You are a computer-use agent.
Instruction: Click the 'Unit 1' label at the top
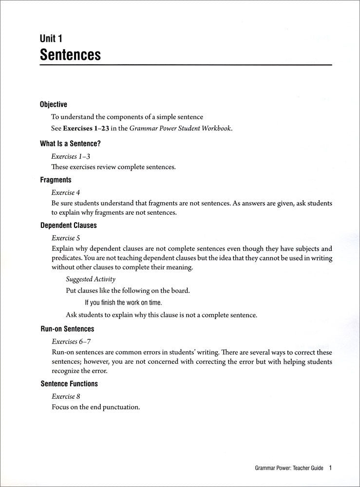pos(51,38)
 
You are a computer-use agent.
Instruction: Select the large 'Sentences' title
pos(70,54)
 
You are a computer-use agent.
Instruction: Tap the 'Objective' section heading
pos(54,104)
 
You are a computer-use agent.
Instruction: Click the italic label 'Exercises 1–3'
pos(71,156)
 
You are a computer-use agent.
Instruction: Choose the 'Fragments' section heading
pos(56,180)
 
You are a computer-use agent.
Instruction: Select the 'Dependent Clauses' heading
pos(68,225)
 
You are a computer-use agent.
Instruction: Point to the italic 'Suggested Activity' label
pos(91,279)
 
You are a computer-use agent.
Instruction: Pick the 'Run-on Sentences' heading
pos(67,329)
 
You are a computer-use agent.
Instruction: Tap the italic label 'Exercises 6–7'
pos(71,341)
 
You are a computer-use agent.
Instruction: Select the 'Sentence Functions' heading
pos(69,384)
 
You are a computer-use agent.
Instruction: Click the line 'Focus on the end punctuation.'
pos(95,407)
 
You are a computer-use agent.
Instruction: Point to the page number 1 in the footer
pos(330,468)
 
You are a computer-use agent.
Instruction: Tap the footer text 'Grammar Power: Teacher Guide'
pos(289,469)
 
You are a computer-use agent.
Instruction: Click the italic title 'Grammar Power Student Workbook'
pos(180,129)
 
